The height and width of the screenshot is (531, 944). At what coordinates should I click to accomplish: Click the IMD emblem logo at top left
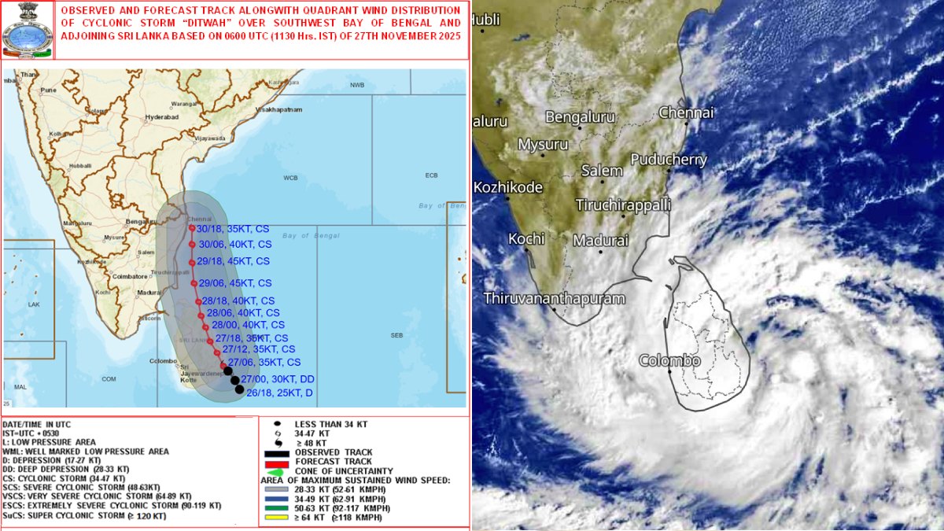[x=27, y=30]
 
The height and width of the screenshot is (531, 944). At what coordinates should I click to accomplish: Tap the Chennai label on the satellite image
[x=686, y=112]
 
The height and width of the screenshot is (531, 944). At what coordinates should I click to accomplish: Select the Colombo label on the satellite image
[x=669, y=361]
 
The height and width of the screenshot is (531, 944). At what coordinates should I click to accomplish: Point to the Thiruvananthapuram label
[x=554, y=299]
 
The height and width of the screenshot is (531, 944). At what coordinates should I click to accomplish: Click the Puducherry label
[x=669, y=159]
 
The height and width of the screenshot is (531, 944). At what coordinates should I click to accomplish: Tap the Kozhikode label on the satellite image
[x=508, y=188]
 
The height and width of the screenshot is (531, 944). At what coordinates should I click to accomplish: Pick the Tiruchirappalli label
[x=623, y=205]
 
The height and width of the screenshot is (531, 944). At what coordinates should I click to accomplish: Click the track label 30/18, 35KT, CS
[x=234, y=229]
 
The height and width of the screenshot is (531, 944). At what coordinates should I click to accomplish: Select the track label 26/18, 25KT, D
[x=279, y=393]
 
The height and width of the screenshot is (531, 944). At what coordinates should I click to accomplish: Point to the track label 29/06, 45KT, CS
[x=235, y=283]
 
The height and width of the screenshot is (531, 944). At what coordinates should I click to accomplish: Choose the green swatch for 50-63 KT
[x=276, y=508]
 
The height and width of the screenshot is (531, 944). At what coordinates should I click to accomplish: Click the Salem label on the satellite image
[x=602, y=171]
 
